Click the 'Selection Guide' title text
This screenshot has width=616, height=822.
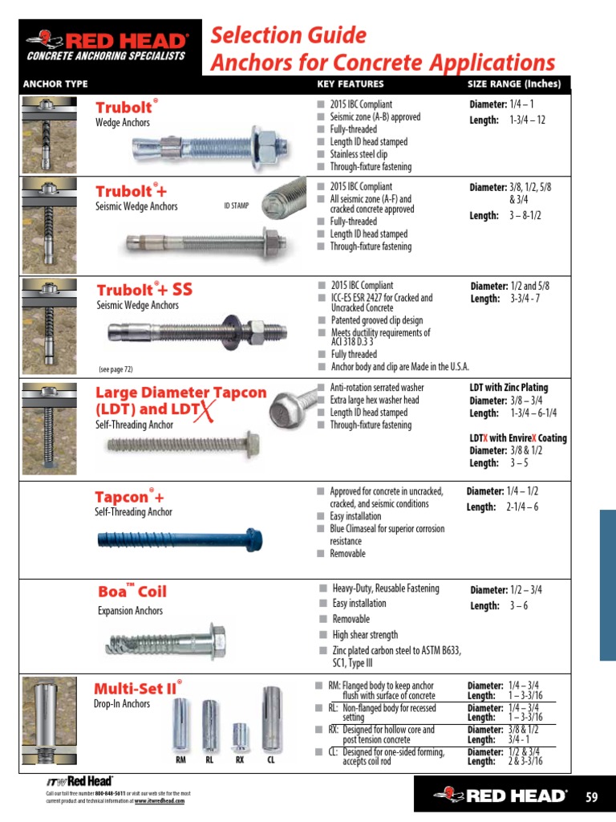(x=288, y=35)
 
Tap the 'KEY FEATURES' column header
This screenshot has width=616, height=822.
(x=351, y=84)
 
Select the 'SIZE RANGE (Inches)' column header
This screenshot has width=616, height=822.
(x=514, y=84)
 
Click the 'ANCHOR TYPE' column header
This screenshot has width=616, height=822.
(x=55, y=84)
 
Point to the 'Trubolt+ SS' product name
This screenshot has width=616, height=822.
(x=144, y=290)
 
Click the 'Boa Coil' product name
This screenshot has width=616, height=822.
(x=132, y=592)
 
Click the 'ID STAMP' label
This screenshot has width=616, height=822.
(x=237, y=206)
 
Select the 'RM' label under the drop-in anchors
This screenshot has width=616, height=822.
(x=181, y=759)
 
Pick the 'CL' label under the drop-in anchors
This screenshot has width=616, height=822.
(x=271, y=759)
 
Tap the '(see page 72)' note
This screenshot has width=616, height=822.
(x=115, y=370)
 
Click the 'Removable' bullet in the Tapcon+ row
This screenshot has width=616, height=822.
(x=347, y=554)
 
